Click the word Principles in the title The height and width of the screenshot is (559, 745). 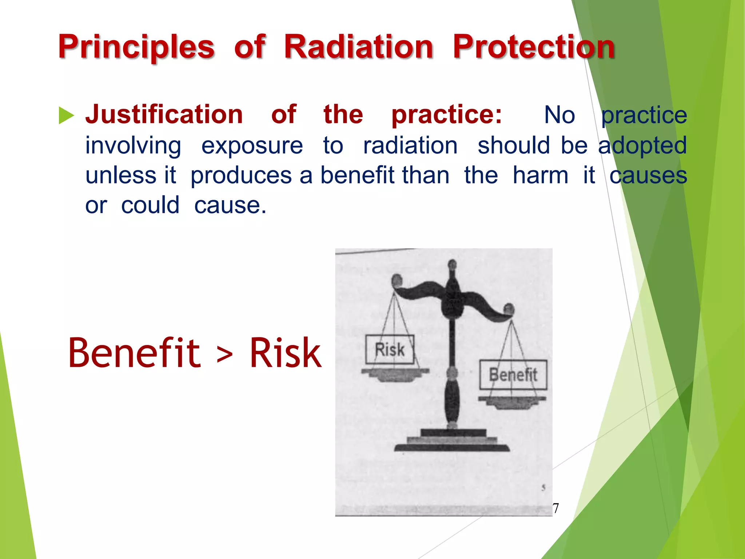click(x=136, y=47)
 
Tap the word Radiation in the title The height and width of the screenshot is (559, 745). click(x=358, y=47)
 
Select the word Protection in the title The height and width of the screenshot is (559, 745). click(x=534, y=47)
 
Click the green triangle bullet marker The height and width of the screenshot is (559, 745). click(x=66, y=116)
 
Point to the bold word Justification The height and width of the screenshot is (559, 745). click(x=164, y=115)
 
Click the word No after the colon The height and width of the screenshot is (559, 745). click(x=559, y=115)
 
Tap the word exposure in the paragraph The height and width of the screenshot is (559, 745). click(x=252, y=146)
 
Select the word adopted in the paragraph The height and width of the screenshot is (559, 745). click(x=642, y=146)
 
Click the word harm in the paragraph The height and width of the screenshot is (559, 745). click(x=541, y=175)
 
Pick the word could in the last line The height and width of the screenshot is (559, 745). click(x=150, y=205)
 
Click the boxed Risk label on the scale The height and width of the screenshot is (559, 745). click(x=390, y=349)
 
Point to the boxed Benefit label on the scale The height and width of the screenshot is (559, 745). click(x=513, y=374)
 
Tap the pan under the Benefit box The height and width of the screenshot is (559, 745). click(x=512, y=401)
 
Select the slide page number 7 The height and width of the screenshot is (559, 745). click(x=555, y=508)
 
